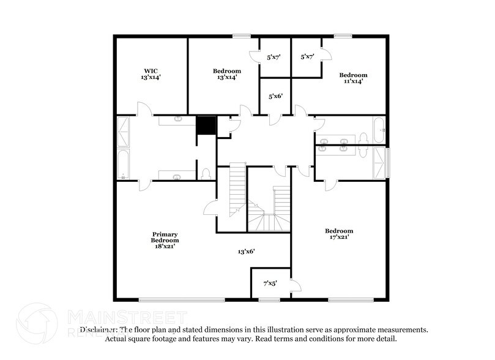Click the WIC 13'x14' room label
click(x=151, y=74)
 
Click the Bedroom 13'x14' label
click(x=226, y=74)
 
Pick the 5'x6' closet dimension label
click(x=275, y=97)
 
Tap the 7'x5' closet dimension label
click(x=270, y=283)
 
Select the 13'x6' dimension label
click(x=246, y=251)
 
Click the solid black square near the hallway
click(x=206, y=126)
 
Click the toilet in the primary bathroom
click(x=206, y=173)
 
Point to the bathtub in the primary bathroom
click(x=124, y=164)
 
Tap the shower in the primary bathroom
click(x=124, y=131)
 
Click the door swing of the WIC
click(x=144, y=110)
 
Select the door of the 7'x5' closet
click(x=295, y=285)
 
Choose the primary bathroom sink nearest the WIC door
click(x=177, y=120)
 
